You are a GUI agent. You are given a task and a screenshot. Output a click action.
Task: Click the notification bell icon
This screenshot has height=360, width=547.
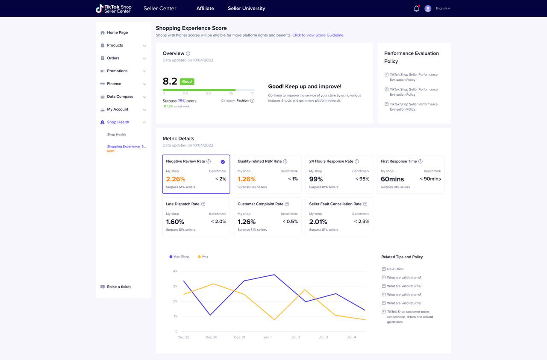(416, 9)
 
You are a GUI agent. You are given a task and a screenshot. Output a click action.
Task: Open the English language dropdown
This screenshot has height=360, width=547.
(443, 8)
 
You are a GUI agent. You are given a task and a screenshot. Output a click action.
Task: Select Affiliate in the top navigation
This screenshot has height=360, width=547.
(205, 8)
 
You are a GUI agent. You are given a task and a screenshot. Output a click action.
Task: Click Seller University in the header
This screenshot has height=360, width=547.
(247, 8)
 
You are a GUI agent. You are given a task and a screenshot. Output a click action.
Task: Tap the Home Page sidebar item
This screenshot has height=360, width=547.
(117, 32)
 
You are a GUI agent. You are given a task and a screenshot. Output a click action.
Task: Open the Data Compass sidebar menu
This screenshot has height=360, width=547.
(120, 97)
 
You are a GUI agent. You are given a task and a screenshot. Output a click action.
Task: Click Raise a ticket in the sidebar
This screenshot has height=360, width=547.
(119, 287)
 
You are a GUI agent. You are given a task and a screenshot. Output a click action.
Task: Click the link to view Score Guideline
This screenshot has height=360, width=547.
(318, 35)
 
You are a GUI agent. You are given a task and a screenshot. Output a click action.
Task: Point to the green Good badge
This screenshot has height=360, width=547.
(187, 82)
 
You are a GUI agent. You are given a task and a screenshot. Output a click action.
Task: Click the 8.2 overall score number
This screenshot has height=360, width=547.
(170, 81)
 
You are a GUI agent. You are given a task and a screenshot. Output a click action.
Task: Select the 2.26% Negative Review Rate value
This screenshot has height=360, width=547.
(176, 179)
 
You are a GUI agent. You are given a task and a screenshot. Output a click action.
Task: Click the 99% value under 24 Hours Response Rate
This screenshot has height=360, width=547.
(316, 179)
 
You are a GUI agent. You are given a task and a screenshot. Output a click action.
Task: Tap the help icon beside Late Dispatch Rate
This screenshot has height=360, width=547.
(203, 204)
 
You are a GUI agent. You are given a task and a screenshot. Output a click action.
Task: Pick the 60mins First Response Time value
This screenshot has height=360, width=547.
(392, 179)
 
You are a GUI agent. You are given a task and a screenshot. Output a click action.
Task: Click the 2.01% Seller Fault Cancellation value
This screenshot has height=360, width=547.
(318, 222)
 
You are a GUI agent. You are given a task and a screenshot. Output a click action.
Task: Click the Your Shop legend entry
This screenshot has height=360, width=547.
(179, 257)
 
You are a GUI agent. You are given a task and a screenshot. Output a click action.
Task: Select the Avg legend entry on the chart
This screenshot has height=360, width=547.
(203, 257)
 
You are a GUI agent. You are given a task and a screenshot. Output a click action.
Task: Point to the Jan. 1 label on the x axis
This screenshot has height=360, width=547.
(268, 337)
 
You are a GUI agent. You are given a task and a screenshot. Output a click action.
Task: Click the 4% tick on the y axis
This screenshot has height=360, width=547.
(175, 271)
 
